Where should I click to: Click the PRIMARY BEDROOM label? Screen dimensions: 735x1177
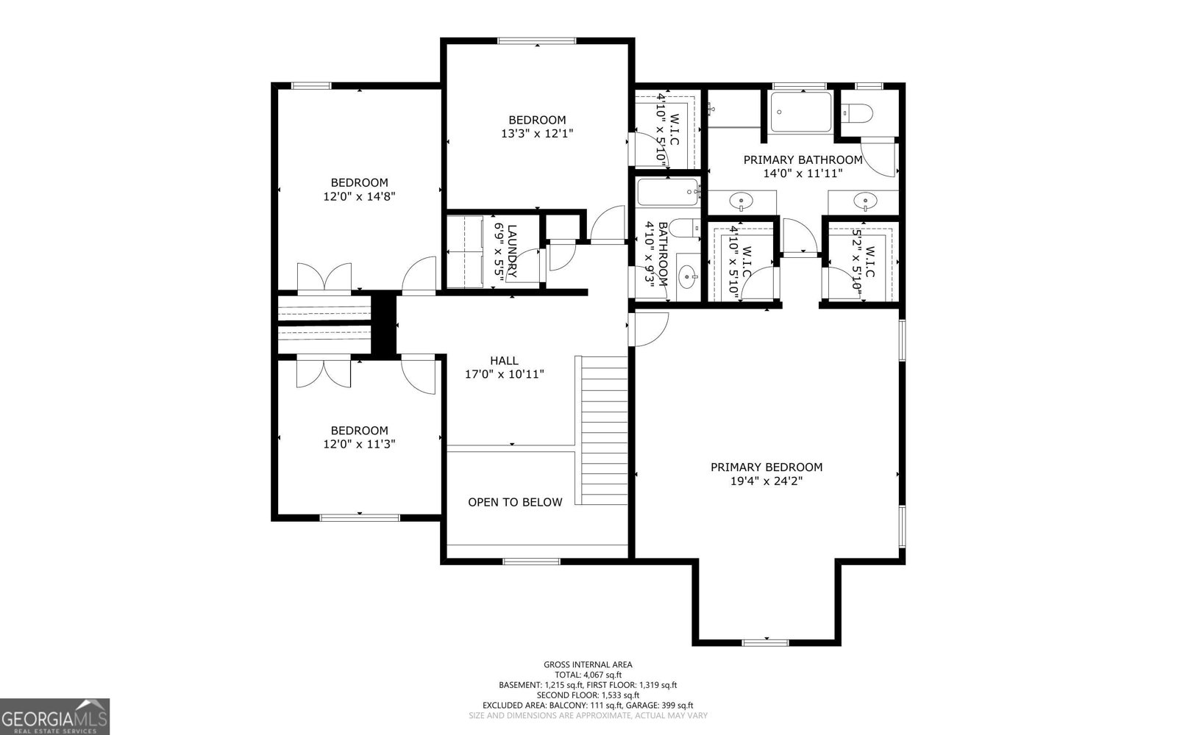[x=766, y=467]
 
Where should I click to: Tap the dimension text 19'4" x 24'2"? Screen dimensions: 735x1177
[x=766, y=481]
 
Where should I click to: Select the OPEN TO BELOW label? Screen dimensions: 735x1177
[x=515, y=502]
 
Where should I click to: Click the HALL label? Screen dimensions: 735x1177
[x=504, y=360]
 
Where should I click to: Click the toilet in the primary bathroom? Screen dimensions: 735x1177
[x=857, y=113]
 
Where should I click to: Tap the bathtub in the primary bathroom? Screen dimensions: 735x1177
[x=801, y=112]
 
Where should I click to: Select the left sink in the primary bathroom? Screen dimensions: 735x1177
[x=741, y=201]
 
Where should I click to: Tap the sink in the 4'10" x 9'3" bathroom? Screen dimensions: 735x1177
[x=688, y=279]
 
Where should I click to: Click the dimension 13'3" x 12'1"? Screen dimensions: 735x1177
[x=537, y=134]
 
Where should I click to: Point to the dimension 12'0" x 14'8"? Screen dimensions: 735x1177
[x=359, y=196]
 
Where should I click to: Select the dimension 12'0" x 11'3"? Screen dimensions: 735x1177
[x=359, y=444]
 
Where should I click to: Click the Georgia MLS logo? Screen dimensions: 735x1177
[x=55, y=716]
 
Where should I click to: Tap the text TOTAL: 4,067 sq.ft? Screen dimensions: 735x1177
[x=588, y=674]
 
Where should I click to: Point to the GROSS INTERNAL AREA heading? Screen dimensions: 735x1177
[x=588, y=664]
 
